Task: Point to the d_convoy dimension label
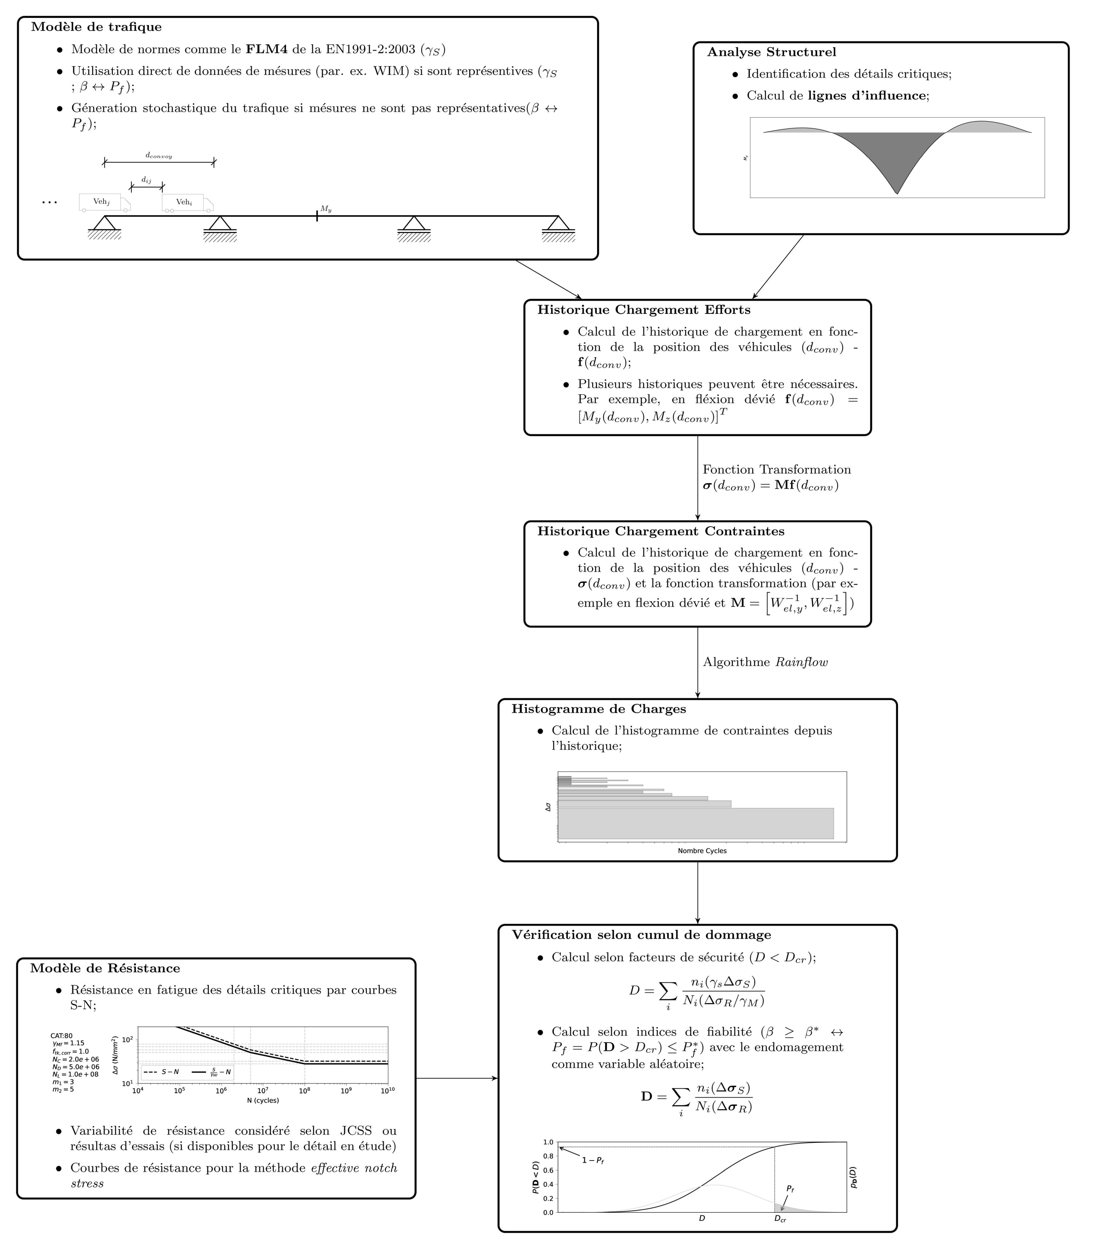pyautogui.click(x=159, y=156)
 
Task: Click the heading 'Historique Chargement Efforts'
pyautogui.click(x=644, y=310)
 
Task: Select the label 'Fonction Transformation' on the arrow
pyautogui.click(x=776, y=469)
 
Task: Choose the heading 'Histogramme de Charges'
pyautogui.click(x=598, y=709)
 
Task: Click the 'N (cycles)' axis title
pyautogui.click(x=263, y=1100)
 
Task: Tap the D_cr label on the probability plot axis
pyautogui.click(x=780, y=1218)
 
